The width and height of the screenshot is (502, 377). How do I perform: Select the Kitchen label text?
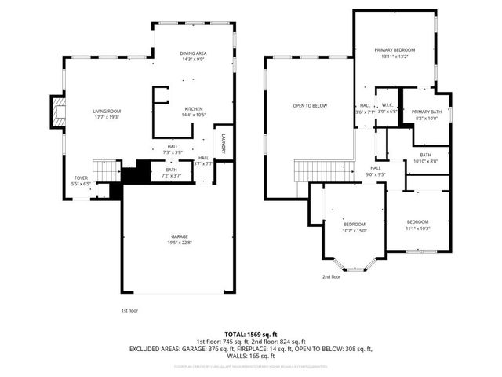click(x=195, y=112)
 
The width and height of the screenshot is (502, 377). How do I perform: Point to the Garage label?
click(x=180, y=240)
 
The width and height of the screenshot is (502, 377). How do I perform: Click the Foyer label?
click(x=81, y=181)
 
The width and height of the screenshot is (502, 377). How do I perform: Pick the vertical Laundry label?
click(x=224, y=143)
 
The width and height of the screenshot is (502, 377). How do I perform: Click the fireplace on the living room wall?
click(x=57, y=108)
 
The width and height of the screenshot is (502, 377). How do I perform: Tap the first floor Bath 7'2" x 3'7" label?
click(x=171, y=173)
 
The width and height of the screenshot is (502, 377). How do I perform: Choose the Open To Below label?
click(x=310, y=106)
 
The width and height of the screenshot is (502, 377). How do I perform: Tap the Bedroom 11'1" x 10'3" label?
click(x=417, y=225)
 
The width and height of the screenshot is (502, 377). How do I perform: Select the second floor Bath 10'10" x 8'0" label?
click(x=426, y=158)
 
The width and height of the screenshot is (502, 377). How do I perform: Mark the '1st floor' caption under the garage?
click(x=131, y=310)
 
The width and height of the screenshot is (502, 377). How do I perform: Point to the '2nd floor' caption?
click(x=331, y=276)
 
